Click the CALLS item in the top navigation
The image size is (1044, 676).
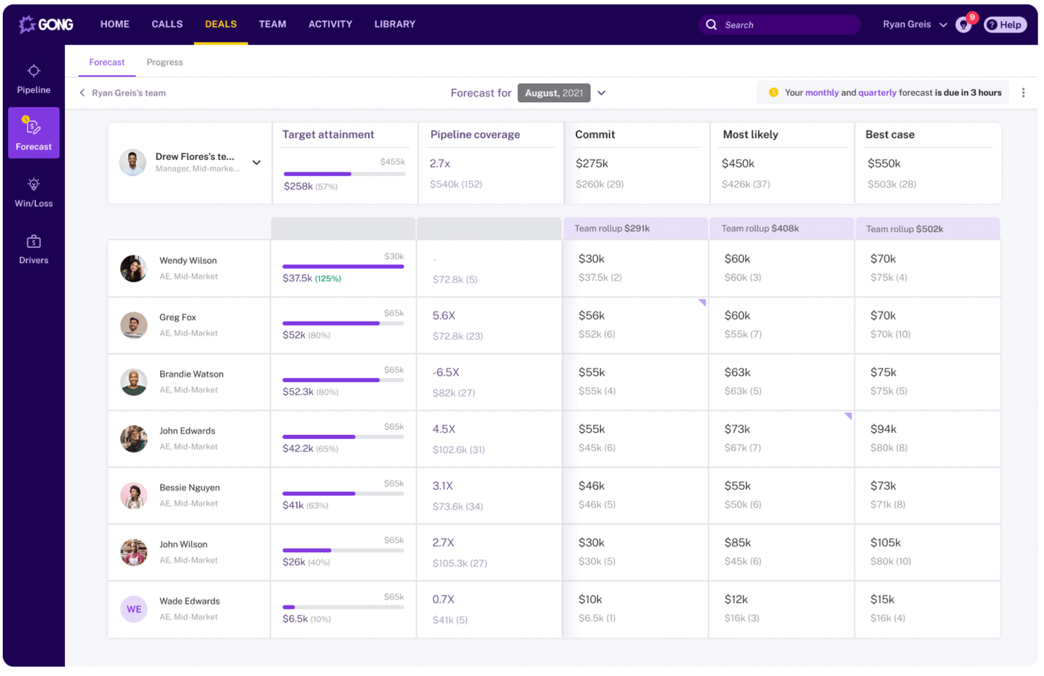(x=166, y=24)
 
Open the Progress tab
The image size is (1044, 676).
(x=164, y=62)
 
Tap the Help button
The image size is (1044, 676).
(x=1004, y=25)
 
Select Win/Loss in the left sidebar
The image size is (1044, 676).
(x=33, y=192)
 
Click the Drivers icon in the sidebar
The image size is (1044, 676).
(x=33, y=242)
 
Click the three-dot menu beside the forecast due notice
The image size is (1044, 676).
(x=1023, y=93)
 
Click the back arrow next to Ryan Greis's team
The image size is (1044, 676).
(x=83, y=93)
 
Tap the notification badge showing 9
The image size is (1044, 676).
(x=971, y=18)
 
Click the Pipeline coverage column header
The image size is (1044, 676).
(x=475, y=135)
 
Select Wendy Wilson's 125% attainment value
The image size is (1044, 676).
(x=327, y=278)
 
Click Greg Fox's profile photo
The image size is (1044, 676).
(x=133, y=325)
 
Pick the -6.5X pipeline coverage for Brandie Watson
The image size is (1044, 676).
(x=446, y=372)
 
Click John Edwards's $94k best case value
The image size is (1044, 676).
(x=882, y=429)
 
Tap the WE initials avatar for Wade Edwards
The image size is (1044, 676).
(x=133, y=609)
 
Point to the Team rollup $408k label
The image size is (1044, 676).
(x=760, y=228)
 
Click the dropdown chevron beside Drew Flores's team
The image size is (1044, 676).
(x=257, y=163)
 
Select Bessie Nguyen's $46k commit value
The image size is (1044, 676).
(x=591, y=486)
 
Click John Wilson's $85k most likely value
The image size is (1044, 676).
(x=737, y=543)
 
